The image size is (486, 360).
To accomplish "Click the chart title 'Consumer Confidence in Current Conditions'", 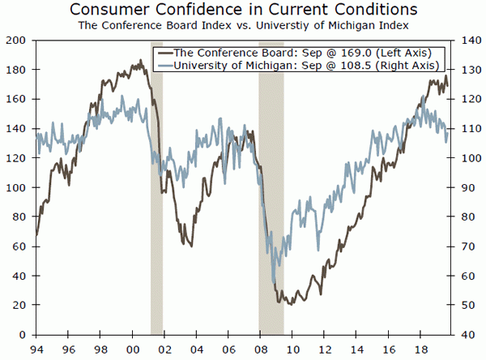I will pyautogui.click(x=243, y=11).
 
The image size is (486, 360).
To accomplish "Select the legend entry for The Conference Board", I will pyautogui.click(x=296, y=53).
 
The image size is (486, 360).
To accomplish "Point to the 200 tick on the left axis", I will pyautogui.click(x=16, y=41).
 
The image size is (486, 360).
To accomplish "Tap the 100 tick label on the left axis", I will pyautogui.click(x=16, y=187).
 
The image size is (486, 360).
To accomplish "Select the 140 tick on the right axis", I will pyautogui.click(x=468, y=41).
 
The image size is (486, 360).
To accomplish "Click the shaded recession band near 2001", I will pyautogui.click(x=156, y=243).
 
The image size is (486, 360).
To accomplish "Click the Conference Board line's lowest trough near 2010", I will pyautogui.click(x=288, y=303).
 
